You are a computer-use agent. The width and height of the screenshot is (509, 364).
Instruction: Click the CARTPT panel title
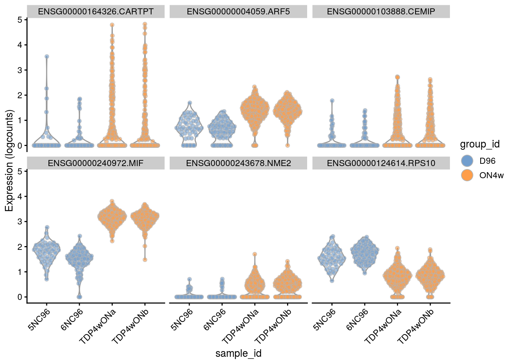[96, 12]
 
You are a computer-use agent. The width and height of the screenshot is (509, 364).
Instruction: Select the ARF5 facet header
[238, 12]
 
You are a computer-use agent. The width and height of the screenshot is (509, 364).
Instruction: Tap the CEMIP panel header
[381, 12]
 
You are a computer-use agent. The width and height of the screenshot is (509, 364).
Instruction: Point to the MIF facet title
[96, 163]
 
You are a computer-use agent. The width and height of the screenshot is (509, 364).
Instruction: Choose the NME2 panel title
[238, 163]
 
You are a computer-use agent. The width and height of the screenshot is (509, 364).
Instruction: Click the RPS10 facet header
[381, 163]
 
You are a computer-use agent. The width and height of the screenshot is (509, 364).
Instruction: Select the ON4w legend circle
[468, 175]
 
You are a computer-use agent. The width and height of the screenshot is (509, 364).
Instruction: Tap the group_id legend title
[479, 144]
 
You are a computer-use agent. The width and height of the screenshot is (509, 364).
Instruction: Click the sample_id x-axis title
[238, 353]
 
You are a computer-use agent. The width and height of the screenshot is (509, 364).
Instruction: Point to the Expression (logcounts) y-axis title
[9, 160]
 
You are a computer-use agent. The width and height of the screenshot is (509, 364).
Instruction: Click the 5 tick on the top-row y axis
[20, 20]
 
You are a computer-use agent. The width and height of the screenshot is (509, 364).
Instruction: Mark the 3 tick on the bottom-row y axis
[20, 221]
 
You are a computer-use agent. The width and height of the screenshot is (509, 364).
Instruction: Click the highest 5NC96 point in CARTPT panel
[47, 56]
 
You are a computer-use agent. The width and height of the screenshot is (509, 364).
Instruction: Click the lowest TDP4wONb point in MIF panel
[145, 260]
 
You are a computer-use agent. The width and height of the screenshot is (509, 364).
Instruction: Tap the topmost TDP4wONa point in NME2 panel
[255, 254]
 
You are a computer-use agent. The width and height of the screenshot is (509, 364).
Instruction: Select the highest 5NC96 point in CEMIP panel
[332, 101]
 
